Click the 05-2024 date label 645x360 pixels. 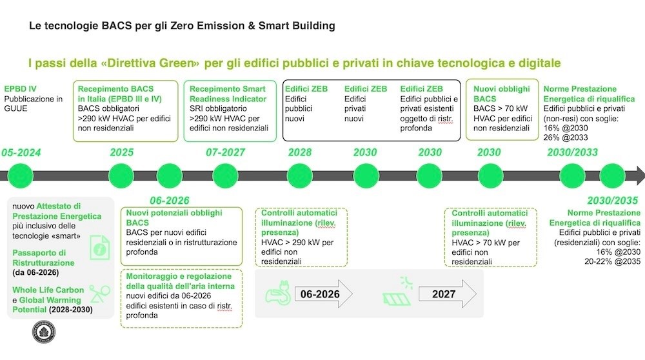pos(21,153)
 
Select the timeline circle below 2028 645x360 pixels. pos(299,175)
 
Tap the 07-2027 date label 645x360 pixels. pos(225,152)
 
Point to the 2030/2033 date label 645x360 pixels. pos(572,152)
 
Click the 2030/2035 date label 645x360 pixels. pos(613,201)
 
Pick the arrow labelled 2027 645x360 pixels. pos(448,294)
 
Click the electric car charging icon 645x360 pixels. pos(278,293)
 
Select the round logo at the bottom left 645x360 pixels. pos(44,332)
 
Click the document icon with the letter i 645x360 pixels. pos(99,247)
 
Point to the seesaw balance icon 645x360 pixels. pos(100,294)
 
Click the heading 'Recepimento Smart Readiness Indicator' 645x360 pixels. pos(228,94)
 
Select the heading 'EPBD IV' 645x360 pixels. pos(20,89)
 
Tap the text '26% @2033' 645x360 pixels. pos(566,137)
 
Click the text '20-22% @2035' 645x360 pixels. pos(613,261)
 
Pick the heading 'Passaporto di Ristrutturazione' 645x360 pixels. pos(43,257)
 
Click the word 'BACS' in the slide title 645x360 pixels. pos(116,26)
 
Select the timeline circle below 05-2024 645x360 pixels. pos(20,175)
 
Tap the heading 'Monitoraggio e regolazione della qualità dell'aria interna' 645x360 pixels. pos(180,281)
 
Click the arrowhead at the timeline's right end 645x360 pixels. pos(640,175)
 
